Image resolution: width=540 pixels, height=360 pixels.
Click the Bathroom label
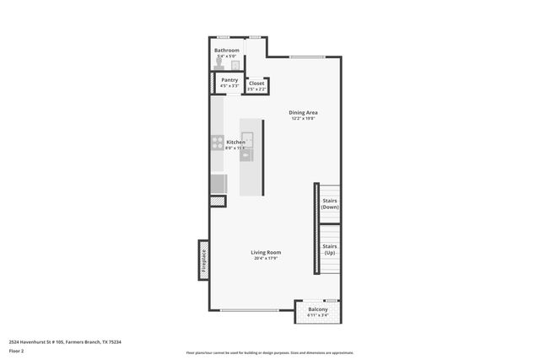coord(226,51)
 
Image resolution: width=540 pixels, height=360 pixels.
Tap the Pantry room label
coord(229,80)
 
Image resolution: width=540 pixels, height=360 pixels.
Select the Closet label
coord(256,83)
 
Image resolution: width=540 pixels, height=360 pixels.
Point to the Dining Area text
coord(303,112)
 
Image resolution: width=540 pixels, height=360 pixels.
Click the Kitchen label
coord(235,142)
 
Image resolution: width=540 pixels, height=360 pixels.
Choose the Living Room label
coord(266,252)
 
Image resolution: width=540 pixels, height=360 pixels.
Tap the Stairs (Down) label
coord(330,203)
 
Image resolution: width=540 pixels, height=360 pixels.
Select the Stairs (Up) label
coord(330,250)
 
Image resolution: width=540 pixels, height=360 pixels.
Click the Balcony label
coord(317,310)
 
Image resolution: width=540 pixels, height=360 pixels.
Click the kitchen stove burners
coord(217,142)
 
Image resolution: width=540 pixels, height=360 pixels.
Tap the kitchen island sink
coord(247,139)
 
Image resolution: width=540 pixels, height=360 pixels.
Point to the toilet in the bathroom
coord(236,64)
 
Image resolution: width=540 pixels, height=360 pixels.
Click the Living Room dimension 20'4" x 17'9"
coord(266,258)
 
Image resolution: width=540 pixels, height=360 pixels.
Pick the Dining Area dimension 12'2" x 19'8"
coord(303,118)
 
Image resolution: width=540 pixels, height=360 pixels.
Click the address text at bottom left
coord(65,341)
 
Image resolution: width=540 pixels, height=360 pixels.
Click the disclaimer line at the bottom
coord(270,352)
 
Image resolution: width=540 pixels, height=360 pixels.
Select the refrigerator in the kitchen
coord(218,184)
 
